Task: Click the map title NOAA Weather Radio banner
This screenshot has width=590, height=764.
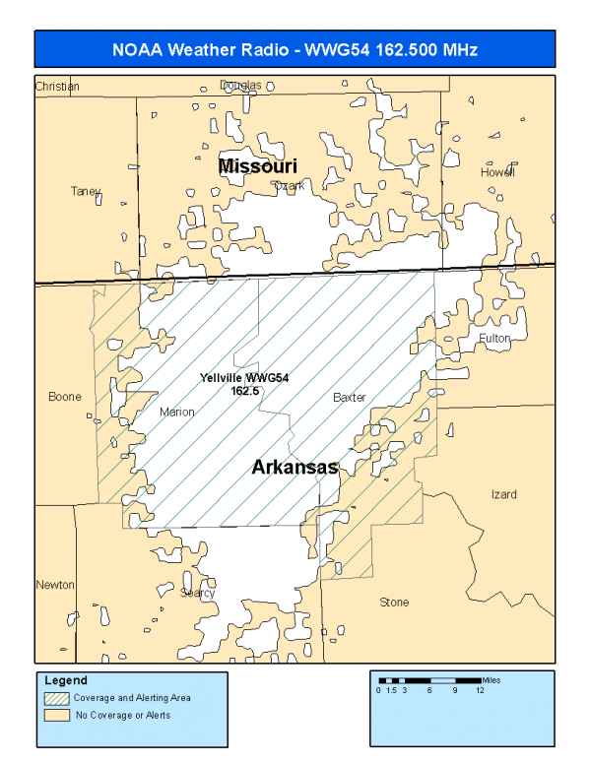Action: point(295,49)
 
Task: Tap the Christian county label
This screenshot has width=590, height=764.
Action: point(56,87)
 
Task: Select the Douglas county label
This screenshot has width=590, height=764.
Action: point(240,86)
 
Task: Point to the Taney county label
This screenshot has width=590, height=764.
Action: point(86,191)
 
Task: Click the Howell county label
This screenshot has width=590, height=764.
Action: point(497,172)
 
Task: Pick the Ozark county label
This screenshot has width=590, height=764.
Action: point(290,185)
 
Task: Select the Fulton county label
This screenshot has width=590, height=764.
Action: point(495,338)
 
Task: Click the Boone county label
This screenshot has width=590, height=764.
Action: point(65,398)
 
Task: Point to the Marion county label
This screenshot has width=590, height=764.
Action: point(177,413)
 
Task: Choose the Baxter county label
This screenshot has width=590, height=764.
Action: point(349,398)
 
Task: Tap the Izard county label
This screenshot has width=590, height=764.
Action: point(503,494)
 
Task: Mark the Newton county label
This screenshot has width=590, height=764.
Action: point(55,585)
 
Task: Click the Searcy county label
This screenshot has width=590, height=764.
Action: point(197,593)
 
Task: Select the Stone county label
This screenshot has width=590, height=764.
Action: point(394,602)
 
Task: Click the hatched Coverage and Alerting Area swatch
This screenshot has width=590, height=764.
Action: point(58,698)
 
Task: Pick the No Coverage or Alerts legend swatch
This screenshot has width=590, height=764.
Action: point(58,716)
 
